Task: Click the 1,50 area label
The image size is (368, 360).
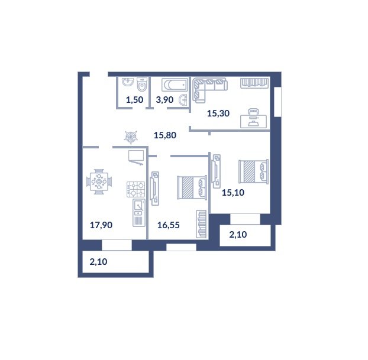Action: coord(134,100)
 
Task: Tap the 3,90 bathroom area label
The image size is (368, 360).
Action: coord(164,100)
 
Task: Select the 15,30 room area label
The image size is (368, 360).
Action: coord(218,113)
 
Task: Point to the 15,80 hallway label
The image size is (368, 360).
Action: coord(165,135)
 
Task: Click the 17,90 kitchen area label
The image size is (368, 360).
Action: coord(101,225)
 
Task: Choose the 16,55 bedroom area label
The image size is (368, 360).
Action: coord(169,225)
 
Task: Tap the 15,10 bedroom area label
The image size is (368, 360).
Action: coord(233,193)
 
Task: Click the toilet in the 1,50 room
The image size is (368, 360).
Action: coord(142,85)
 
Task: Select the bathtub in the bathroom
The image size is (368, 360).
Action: coord(175,85)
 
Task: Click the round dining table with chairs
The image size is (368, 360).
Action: coord(99,181)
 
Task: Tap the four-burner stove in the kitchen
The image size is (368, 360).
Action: coord(135,189)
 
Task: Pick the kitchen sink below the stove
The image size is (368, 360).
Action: coord(139,213)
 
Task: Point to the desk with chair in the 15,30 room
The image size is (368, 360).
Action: coord(253,118)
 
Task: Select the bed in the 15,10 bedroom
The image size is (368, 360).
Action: coord(253,171)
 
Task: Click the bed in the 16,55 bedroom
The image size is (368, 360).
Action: coord(192,187)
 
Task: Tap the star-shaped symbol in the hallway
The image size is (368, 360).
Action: coord(131,137)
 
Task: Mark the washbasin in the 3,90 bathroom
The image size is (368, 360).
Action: coord(183,100)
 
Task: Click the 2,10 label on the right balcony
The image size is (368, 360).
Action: coord(238,235)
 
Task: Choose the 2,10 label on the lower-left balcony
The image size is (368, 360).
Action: coord(98,262)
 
